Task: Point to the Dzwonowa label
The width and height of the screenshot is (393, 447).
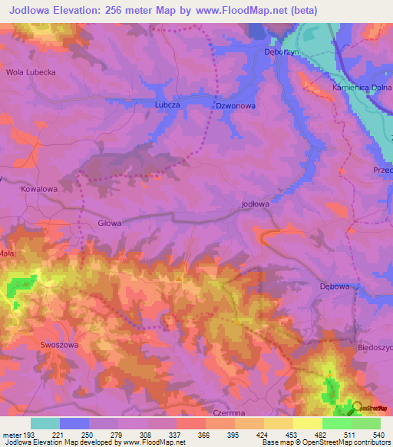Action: tap(235, 106)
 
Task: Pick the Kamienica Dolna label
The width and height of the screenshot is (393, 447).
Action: tap(362, 88)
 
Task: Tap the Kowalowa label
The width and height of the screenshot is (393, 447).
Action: tap(40, 188)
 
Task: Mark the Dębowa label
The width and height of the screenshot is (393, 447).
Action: tap(335, 286)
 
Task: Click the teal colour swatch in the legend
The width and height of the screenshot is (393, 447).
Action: tap(45, 423)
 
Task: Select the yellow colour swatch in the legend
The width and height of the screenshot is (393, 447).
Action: tap(308, 423)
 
